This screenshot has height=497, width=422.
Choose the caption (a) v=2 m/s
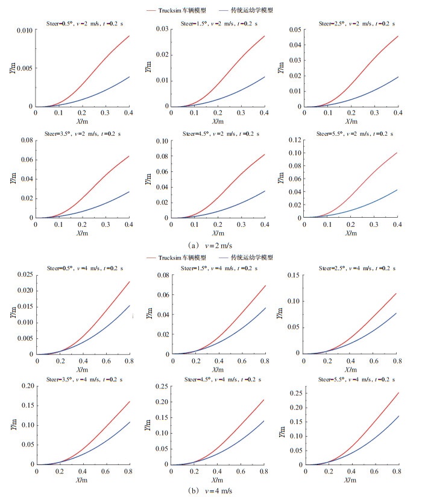coord(210,245)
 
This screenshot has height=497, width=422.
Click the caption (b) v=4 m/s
coord(210,490)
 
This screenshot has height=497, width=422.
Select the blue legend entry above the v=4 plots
coord(247,258)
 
